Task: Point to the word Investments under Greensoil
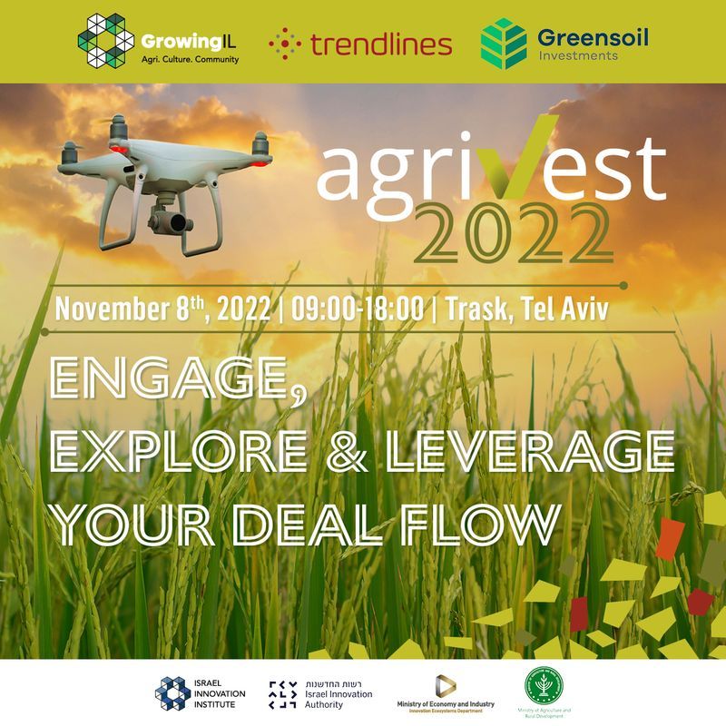point(576,55)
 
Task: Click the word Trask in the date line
point(479,309)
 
